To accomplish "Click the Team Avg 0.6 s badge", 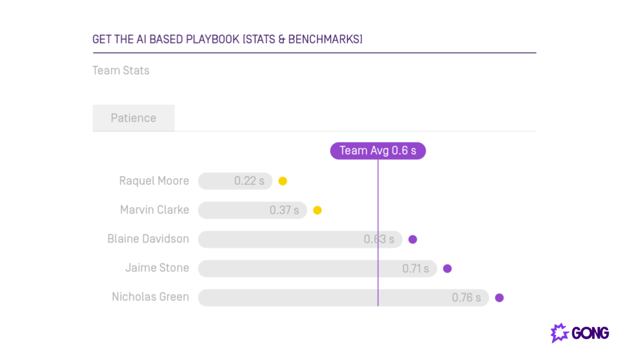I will [378, 151].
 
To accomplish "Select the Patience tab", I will [133, 118].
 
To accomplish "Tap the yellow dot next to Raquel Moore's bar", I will [283, 181].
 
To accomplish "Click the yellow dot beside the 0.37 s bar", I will [317, 210].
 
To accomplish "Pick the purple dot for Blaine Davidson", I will [413, 239].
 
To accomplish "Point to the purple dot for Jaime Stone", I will [447, 269].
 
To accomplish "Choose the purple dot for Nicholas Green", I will [499, 298].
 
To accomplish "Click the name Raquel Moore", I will [154, 181].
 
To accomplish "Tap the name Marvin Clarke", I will [154, 210].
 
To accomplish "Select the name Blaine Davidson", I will [148, 239].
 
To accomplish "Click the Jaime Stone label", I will [157, 268].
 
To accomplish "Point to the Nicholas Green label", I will [150, 297].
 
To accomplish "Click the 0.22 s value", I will [249, 181].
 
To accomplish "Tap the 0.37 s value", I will [284, 210].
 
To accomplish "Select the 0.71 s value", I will [415, 269].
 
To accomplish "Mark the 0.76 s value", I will [466, 298].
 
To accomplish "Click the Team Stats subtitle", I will [121, 70].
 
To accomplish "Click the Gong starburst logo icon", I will [559, 333].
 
